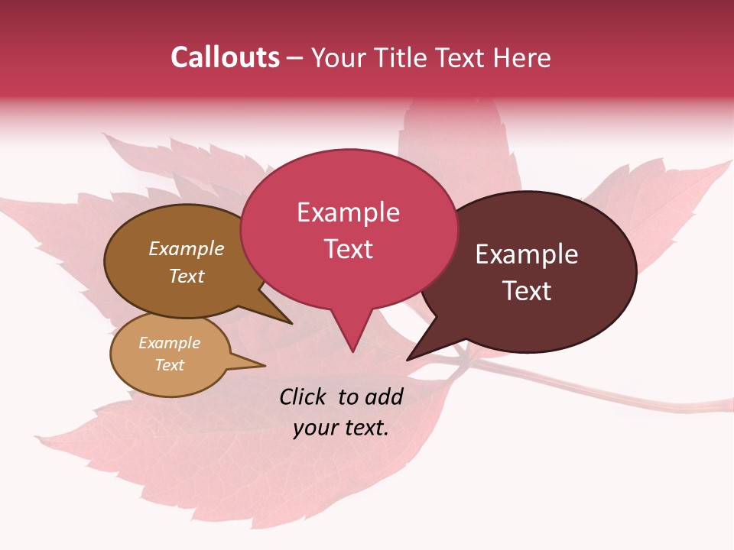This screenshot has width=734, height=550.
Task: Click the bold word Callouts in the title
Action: coord(225,57)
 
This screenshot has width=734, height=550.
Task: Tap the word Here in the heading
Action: coord(522,57)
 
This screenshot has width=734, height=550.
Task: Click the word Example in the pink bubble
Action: coord(348,212)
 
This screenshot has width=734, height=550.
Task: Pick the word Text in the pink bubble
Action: coord(348,249)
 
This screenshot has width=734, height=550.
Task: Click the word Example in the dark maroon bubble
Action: coord(527,254)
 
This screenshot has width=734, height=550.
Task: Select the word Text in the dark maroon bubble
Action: coord(527,291)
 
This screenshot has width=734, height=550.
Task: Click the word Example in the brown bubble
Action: coord(186,249)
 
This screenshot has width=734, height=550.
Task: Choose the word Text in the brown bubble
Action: coord(186,276)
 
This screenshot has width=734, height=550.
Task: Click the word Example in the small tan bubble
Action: coord(169,343)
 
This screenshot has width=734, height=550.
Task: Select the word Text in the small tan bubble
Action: coord(169,365)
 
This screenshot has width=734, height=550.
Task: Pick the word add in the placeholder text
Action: coord(384,396)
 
